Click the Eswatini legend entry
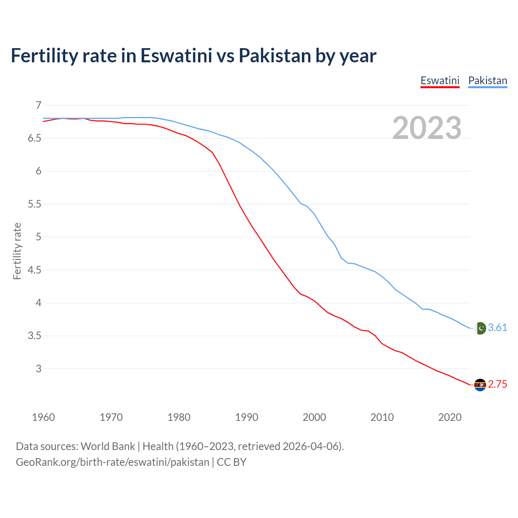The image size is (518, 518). [x=440, y=81]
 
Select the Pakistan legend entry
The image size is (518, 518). [x=488, y=81]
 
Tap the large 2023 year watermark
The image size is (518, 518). [x=427, y=128]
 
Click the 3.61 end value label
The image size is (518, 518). [x=497, y=327]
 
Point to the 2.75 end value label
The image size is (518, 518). [x=497, y=384]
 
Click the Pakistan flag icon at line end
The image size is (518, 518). [x=480, y=328]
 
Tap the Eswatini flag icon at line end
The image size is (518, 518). [x=480, y=385]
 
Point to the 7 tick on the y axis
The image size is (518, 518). [x=38, y=105]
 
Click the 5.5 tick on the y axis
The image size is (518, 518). [x=35, y=204]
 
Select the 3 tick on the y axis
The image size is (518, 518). [x=38, y=369]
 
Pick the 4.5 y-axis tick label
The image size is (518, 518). [x=35, y=270]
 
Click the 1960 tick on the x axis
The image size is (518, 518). [x=43, y=417]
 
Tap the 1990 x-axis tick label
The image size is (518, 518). [x=246, y=417]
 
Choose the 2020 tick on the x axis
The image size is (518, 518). [x=450, y=417]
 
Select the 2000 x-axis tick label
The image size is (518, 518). [x=314, y=417]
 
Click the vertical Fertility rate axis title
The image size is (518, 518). [x=17, y=251]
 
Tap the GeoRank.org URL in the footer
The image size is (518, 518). [x=113, y=462]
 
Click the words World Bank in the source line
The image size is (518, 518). [x=108, y=446]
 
